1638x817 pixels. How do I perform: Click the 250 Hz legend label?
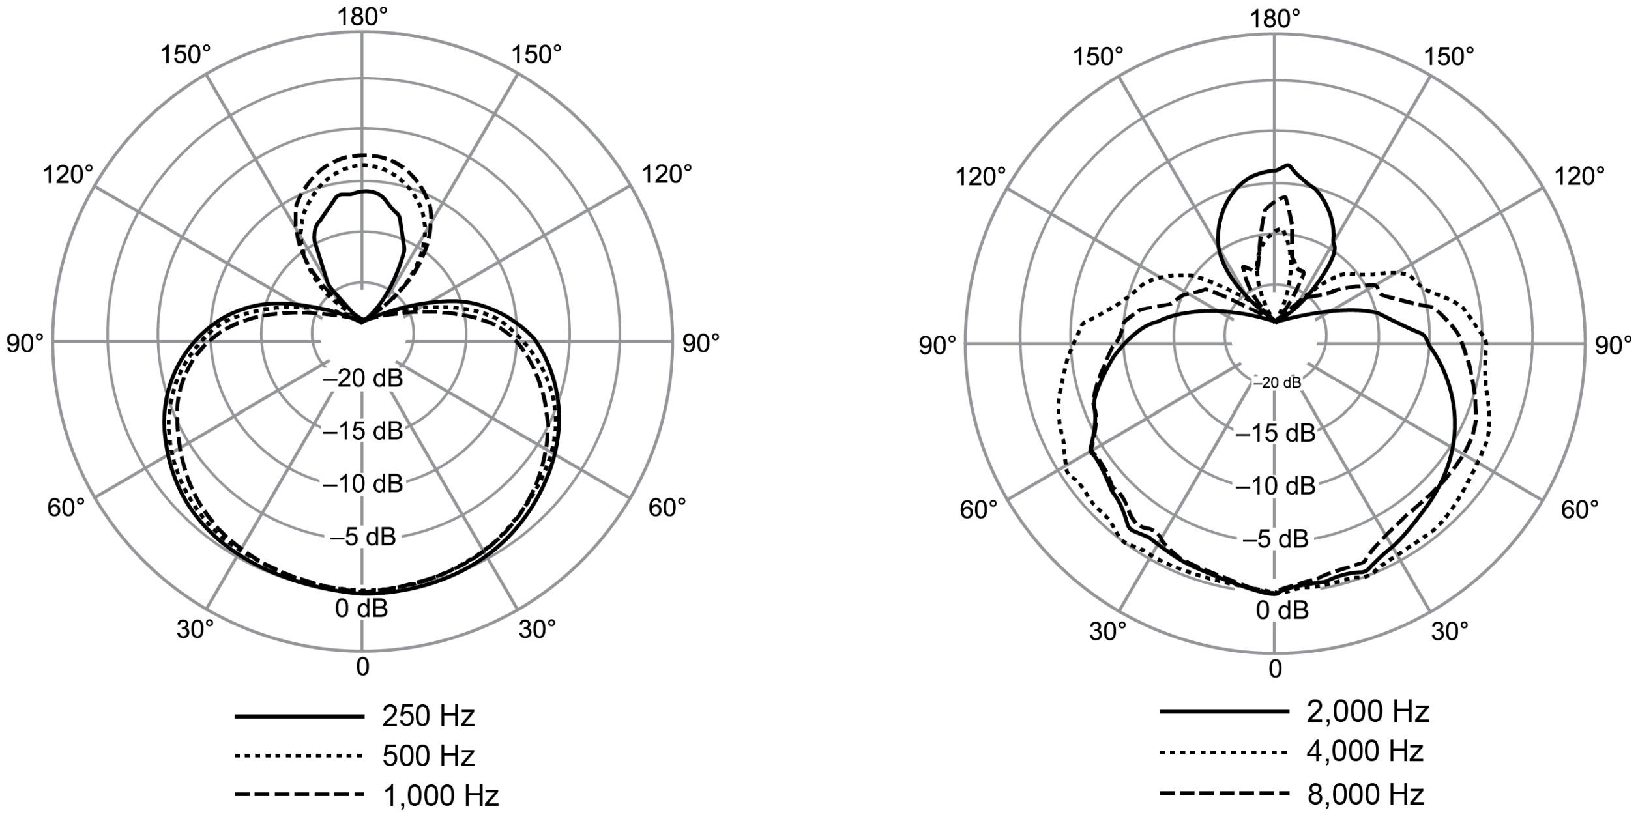click(x=428, y=716)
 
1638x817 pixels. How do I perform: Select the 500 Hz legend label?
click(x=428, y=756)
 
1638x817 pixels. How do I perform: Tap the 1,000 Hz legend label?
click(x=440, y=795)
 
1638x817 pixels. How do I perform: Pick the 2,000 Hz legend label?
click(x=1367, y=712)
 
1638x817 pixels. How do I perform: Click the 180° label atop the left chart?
click(x=362, y=18)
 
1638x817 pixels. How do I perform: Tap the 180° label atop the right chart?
click(x=1275, y=20)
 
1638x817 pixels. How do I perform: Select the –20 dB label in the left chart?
click(x=363, y=378)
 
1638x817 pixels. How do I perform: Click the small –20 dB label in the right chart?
click(x=1277, y=382)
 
